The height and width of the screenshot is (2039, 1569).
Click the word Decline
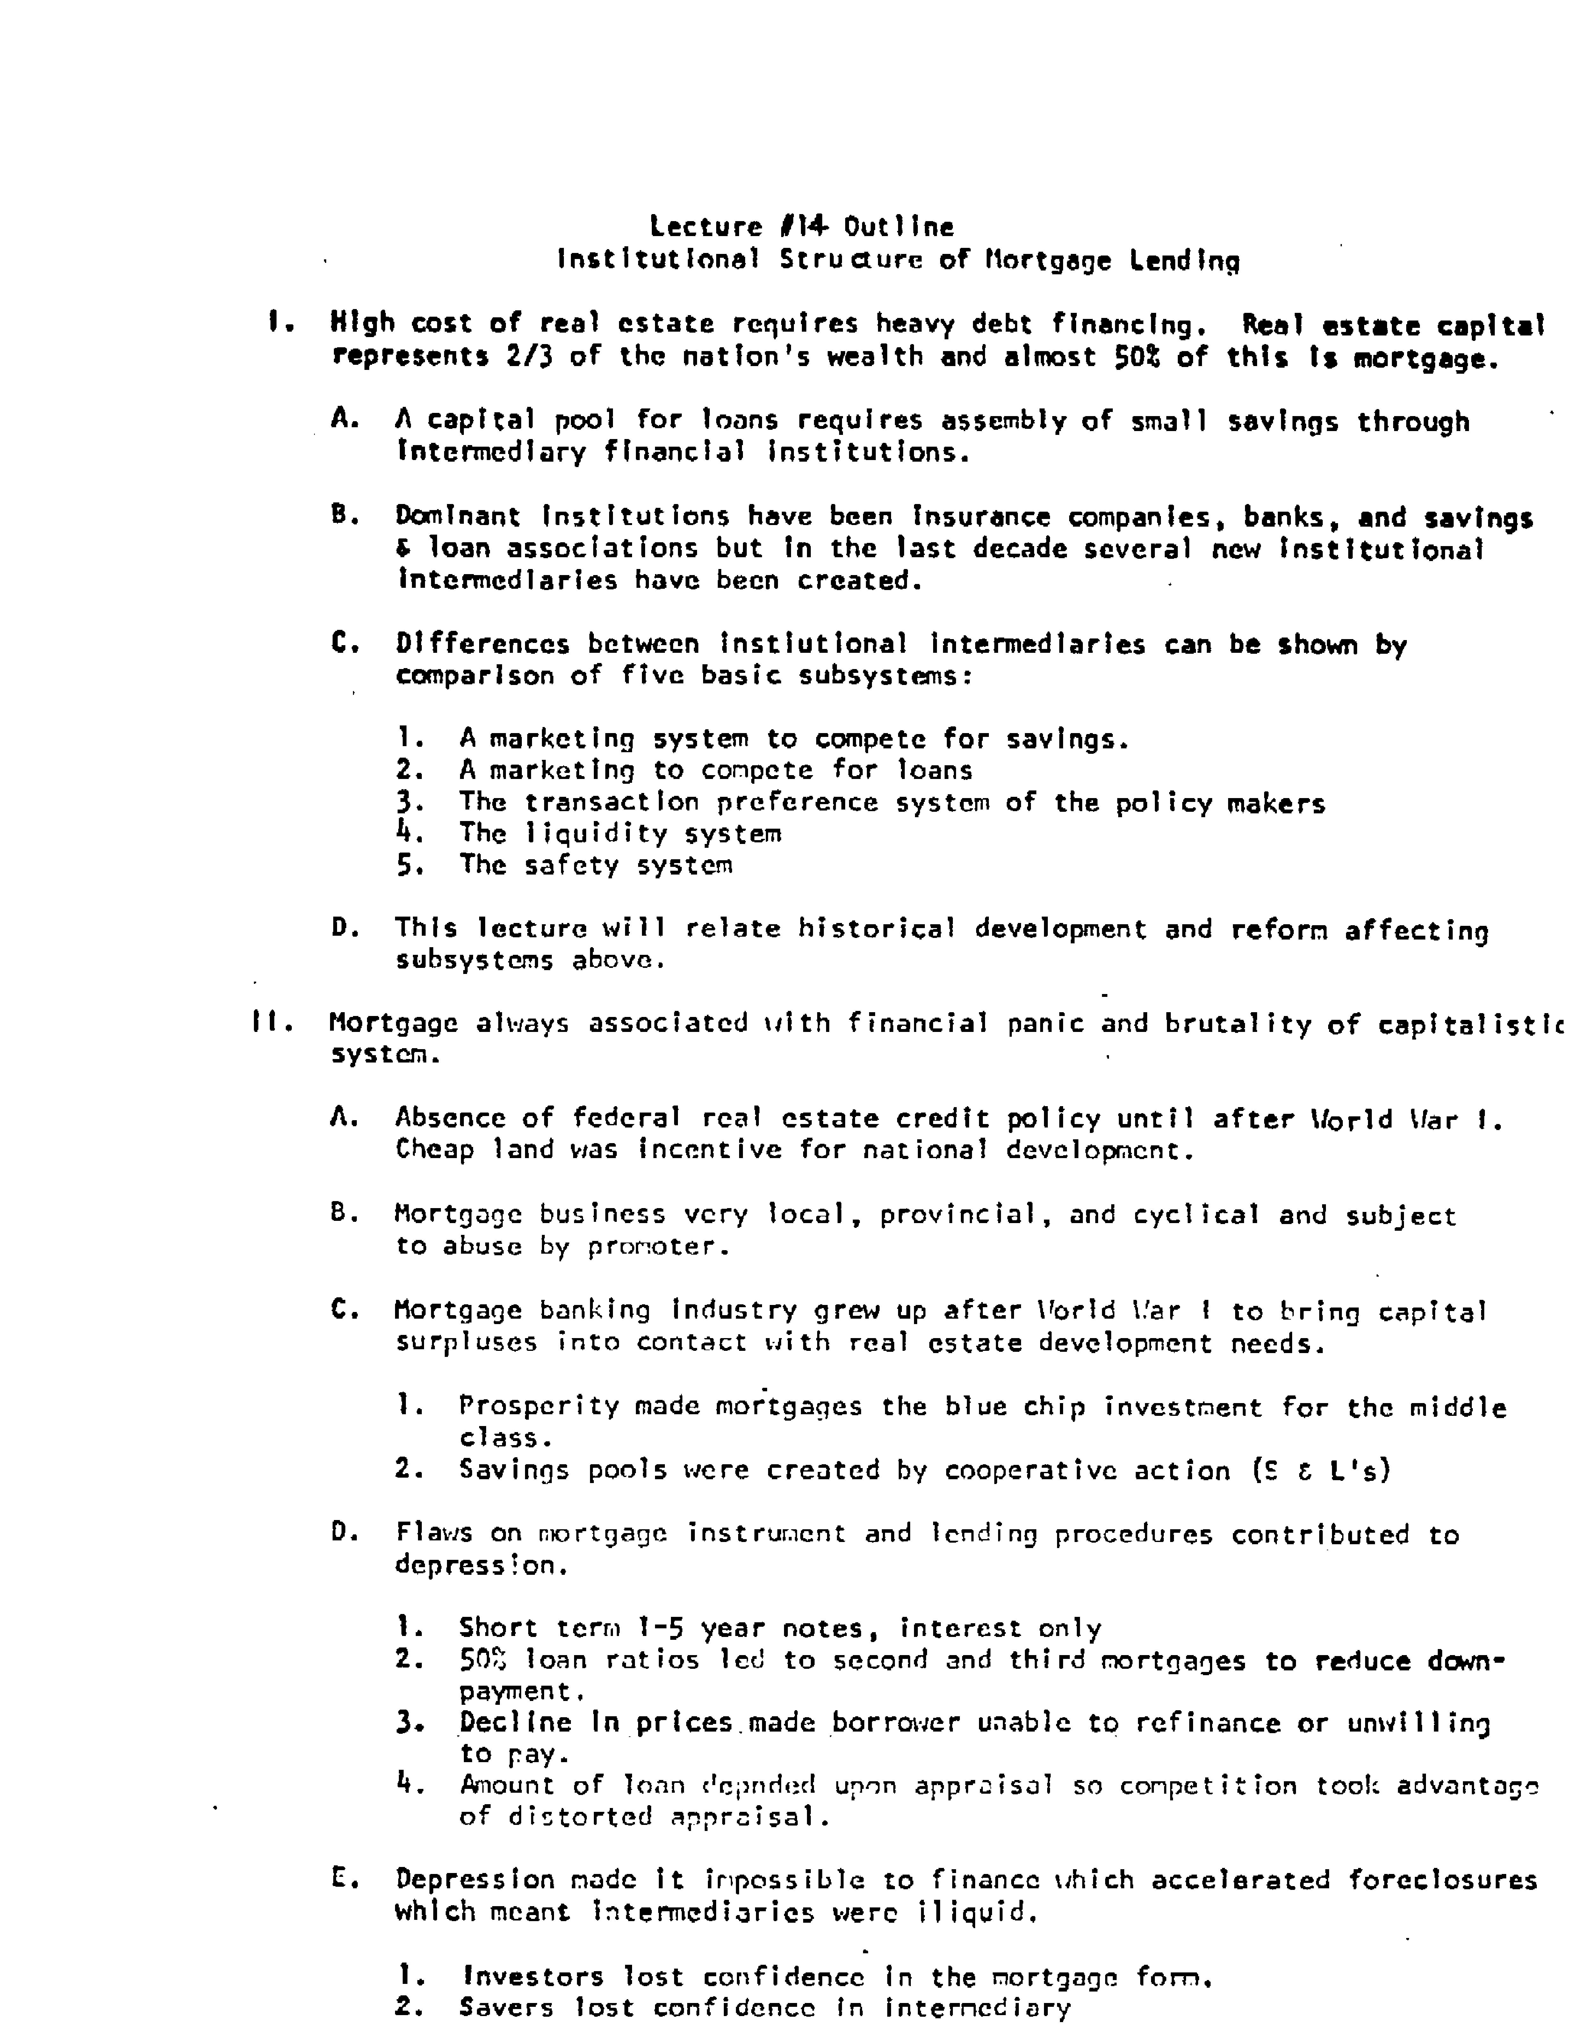pyautogui.click(x=514, y=1723)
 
